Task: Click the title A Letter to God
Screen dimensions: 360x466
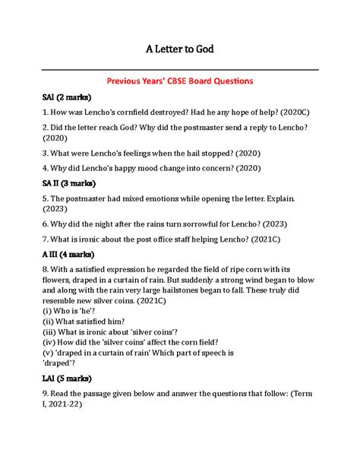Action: [180, 50]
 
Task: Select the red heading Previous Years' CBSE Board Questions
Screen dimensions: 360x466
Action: [180, 80]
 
